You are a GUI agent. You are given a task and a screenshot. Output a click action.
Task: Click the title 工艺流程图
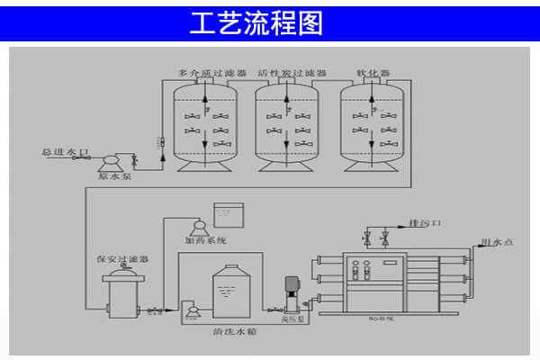(x=256, y=24)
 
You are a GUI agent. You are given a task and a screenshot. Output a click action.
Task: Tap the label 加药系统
(x=206, y=240)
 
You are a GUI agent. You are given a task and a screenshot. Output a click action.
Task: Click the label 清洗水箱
(x=232, y=330)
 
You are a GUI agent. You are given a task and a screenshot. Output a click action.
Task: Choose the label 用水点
(x=497, y=241)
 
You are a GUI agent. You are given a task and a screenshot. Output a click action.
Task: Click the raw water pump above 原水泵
(x=112, y=161)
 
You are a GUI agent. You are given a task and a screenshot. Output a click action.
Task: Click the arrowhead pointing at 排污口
(x=400, y=222)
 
